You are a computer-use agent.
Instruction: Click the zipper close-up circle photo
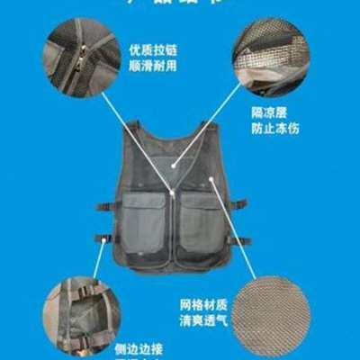(x=82, y=56)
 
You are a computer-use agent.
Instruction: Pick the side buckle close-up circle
(x=82, y=314)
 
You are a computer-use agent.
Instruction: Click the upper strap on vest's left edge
(x=105, y=206)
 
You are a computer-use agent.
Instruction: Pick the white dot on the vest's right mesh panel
(x=213, y=181)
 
